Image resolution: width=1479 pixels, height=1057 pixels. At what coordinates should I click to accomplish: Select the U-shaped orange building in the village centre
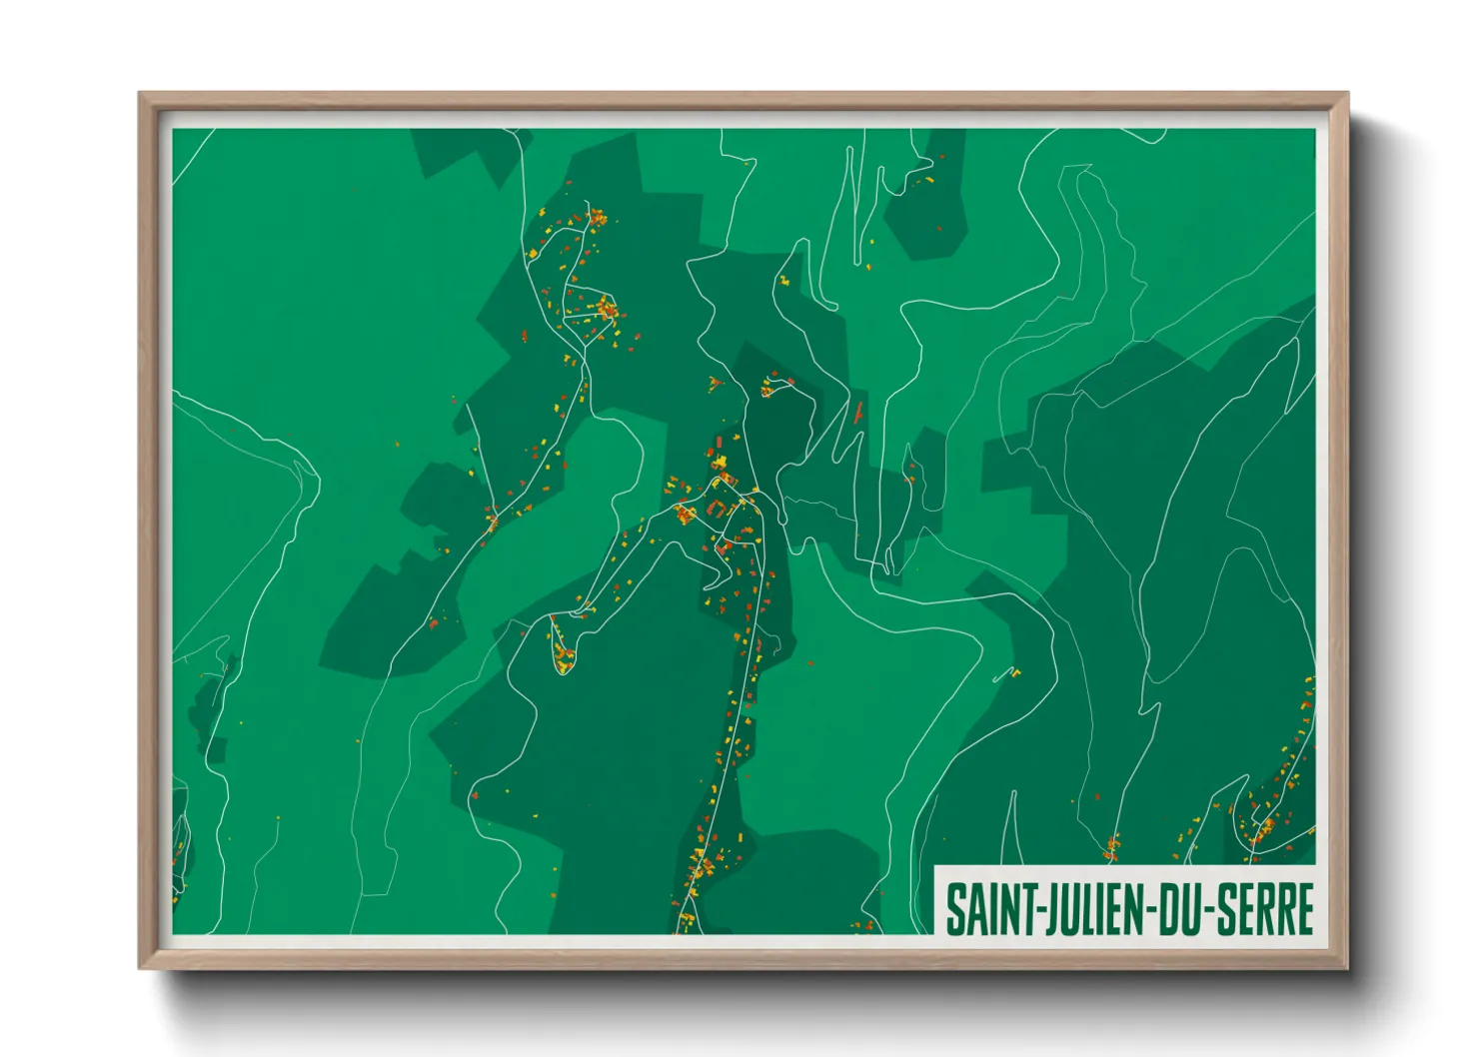[718, 510]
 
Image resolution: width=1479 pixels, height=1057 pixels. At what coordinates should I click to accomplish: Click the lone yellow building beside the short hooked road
[1015, 673]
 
